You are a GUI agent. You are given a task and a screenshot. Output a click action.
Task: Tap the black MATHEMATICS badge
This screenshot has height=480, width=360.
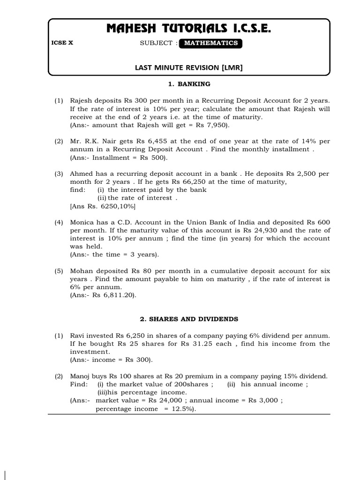tap(211, 43)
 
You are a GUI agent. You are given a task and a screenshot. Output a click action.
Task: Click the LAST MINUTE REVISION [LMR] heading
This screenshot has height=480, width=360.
tap(189, 67)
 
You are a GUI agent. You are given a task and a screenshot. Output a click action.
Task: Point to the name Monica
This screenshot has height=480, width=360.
tap(82, 222)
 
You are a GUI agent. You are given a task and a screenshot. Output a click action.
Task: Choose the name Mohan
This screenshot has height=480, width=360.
tap(81, 271)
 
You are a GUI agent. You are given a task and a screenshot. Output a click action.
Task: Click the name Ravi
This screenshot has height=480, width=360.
tap(78, 336)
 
